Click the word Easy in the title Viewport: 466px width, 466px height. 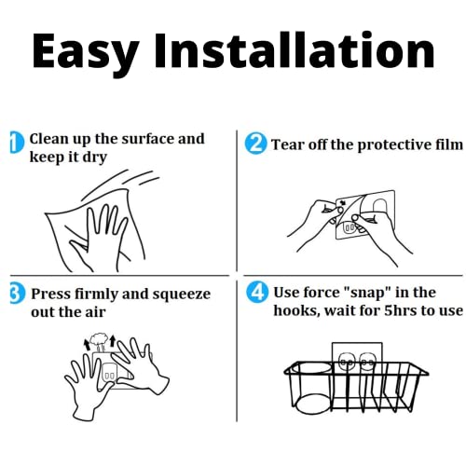point(86,53)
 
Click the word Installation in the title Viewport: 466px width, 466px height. point(295,49)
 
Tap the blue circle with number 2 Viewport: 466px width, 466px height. point(255,144)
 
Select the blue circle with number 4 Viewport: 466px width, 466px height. point(257,292)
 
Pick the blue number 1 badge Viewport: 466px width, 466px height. point(17,143)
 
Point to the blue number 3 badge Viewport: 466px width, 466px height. point(18,295)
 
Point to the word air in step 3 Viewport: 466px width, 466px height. point(95,312)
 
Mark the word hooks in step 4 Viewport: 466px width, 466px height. point(295,310)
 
